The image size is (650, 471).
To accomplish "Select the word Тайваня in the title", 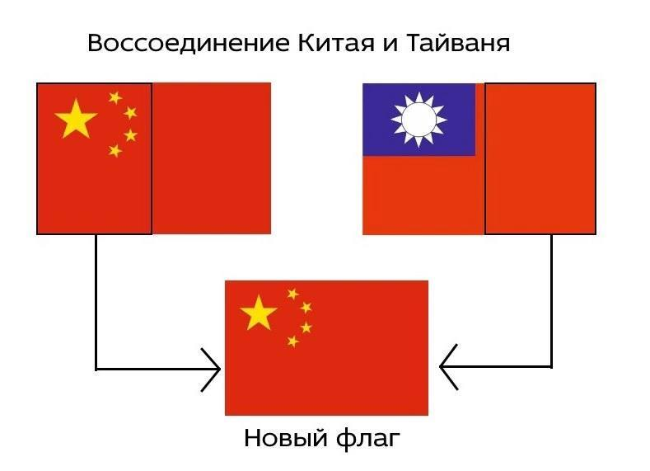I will click(x=457, y=43).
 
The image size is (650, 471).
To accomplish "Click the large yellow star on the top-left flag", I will click(x=76, y=120).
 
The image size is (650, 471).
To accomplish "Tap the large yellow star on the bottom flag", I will click(x=259, y=313).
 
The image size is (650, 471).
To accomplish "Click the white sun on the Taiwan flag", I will click(x=419, y=119).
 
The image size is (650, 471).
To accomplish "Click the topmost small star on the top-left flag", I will click(x=115, y=98).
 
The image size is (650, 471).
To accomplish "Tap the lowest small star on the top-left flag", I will click(x=115, y=151).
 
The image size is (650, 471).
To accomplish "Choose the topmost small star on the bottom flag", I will click(x=292, y=294).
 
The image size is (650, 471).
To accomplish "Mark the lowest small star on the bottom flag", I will click(x=292, y=341).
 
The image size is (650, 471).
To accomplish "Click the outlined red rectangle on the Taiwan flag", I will click(x=540, y=158).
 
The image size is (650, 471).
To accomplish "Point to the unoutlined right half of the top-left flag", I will click(x=211, y=158).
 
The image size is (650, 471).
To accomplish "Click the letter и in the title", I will click(x=381, y=44).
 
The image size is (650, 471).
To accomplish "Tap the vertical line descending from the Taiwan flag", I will click(x=551, y=301).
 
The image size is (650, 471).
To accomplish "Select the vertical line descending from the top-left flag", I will click(x=96, y=301).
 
